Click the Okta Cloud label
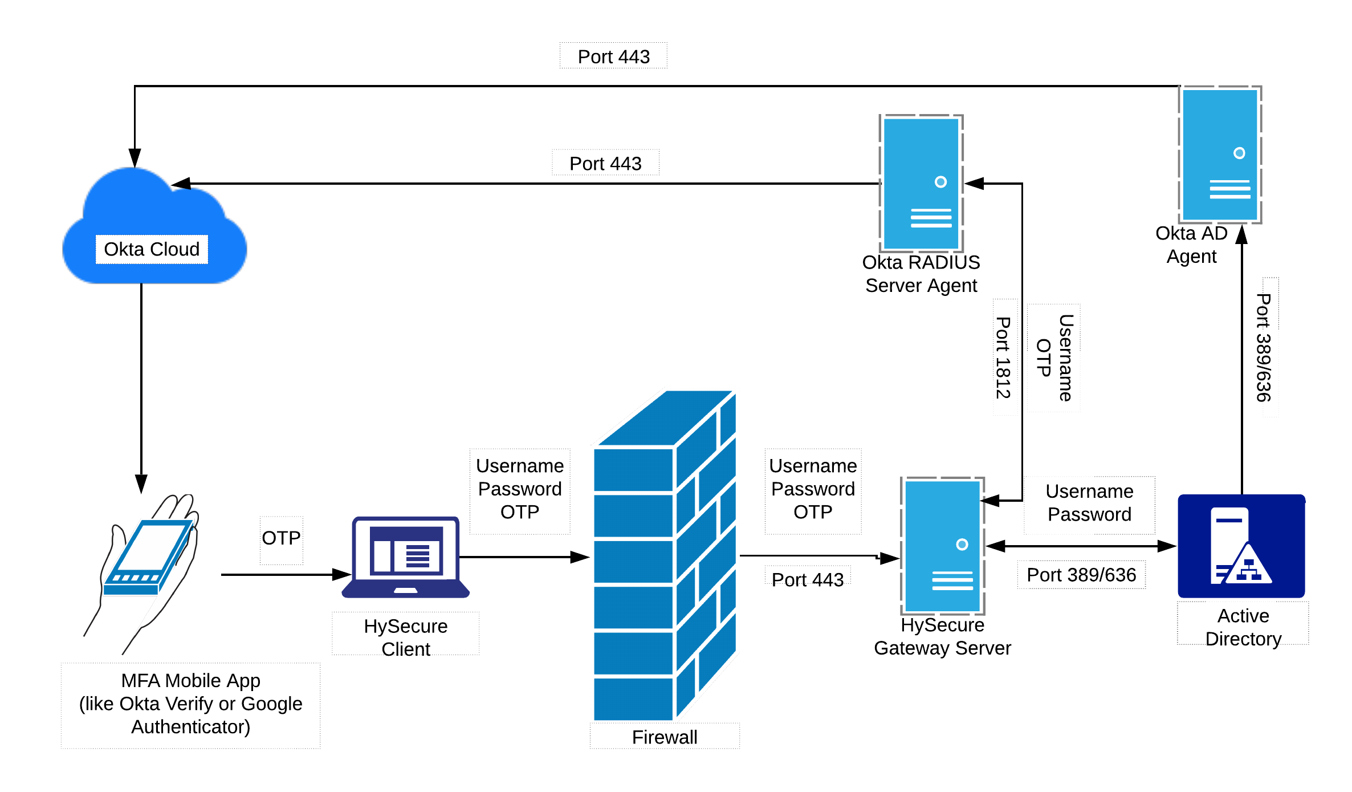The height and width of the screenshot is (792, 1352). (152, 249)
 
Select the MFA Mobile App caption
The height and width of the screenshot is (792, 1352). (190, 705)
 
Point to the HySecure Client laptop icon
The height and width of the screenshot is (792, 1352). (406, 558)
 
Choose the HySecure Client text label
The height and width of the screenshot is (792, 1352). (406, 633)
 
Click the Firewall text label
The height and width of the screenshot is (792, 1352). (665, 736)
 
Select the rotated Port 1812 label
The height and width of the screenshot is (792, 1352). (1005, 357)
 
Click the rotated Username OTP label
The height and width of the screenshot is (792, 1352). (1053, 358)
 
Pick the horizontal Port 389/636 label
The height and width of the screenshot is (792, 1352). (1081, 574)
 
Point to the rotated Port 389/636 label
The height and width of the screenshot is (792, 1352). (1270, 347)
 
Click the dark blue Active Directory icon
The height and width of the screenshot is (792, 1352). (1241, 546)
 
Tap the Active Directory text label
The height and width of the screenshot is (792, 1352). (1243, 623)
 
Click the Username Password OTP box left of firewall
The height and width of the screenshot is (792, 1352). (520, 490)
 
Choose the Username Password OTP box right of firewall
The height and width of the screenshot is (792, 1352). (813, 490)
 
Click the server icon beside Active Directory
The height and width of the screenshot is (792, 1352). (943, 546)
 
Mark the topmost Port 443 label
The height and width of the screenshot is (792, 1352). (613, 56)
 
